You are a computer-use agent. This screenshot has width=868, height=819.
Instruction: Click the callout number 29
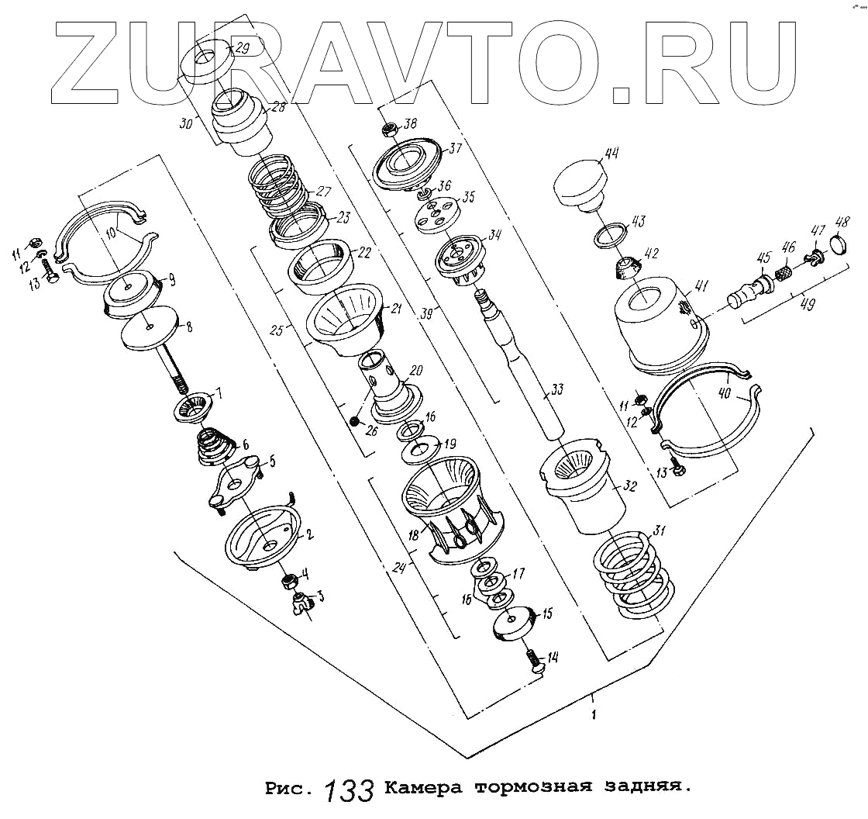242,49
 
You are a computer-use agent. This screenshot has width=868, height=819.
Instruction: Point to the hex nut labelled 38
391,130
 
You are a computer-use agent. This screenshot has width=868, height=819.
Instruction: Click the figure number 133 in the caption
349,790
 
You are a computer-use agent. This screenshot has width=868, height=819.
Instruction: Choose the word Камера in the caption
423,790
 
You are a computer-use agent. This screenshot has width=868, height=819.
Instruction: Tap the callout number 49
807,304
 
